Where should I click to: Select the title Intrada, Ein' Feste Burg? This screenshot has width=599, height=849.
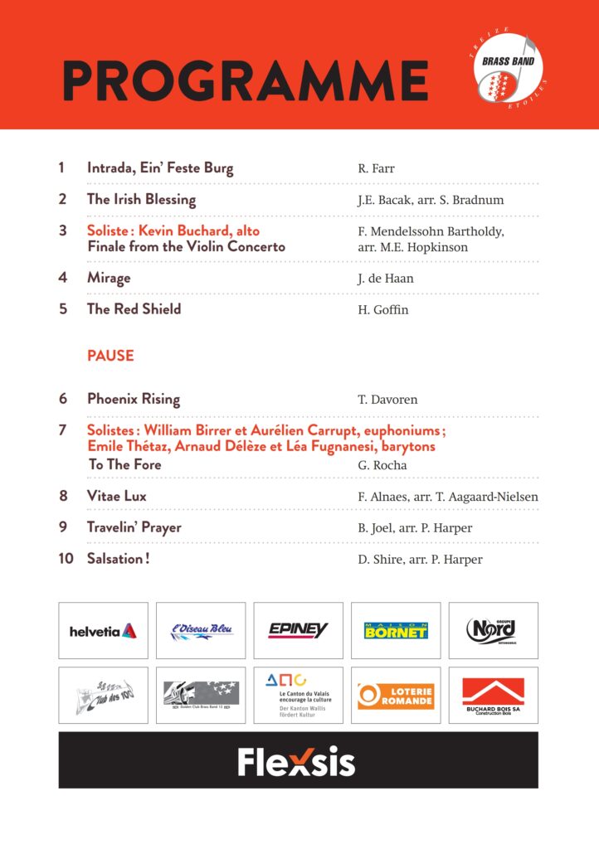click(x=160, y=168)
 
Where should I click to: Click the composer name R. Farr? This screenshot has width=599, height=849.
click(x=376, y=169)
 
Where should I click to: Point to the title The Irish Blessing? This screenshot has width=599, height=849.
click(x=141, y=200)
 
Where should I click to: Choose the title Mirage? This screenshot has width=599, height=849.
click(x=109, y=279)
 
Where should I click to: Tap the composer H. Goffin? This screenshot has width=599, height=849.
click(x=383, y=310)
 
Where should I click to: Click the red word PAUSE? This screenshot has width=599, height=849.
click(x=110, y=356)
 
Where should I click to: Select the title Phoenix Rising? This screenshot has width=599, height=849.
click(x=134, y=399)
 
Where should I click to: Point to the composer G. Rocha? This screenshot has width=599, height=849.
click(x=382, y=465)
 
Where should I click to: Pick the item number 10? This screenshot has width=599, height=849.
click(x=66, y=559)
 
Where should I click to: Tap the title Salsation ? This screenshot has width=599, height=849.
click(x=118, y=559)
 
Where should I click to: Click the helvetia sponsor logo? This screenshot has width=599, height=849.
click(x=103, y=631)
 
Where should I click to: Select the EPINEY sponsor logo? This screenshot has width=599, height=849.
click(x=298, y=631)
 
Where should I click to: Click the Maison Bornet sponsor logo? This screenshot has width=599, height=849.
click(x=396, y=631)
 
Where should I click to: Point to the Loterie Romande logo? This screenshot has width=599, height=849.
click(x=396, y=696)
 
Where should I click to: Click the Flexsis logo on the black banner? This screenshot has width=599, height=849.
click(x=297, y=760)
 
